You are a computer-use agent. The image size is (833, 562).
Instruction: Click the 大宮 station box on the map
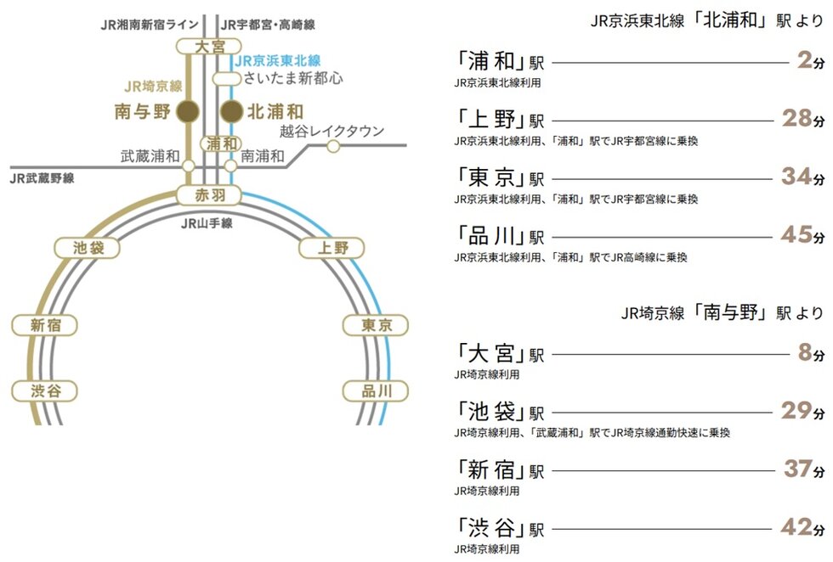pos(209,47)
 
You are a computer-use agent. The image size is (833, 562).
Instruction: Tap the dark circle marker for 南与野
pos(188,111)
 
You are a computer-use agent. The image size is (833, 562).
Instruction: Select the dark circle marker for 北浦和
pos(231,111)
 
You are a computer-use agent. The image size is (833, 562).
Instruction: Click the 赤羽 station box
pos(209,195)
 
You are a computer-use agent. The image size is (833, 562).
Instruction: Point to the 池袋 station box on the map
pos(87,248)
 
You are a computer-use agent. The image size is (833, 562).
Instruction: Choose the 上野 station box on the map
pos(332,248)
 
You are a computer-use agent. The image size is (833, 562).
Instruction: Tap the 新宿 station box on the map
pos(45,325)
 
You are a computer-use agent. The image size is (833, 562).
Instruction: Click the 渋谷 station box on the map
pos(45,391)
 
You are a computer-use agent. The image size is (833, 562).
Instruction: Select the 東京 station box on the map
pos(376,325)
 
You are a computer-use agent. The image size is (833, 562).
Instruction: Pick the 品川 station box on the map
pos(376,391)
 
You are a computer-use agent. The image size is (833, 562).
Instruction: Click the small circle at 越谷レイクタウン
pos(333,146)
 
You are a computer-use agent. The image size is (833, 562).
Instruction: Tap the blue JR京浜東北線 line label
pos(277,61)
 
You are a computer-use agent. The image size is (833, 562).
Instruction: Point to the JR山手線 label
pos(207,223)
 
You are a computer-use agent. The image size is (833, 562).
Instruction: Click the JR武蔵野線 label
pos(42,178)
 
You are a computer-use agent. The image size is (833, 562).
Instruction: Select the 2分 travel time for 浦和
pos(811,60)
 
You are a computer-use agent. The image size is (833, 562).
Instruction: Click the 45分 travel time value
pos(802,235)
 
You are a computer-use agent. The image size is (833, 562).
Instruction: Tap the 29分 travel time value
pos(802,410)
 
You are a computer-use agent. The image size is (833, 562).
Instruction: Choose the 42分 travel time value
pos(802,527)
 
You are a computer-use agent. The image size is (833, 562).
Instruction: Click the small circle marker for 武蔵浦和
pos(188,166)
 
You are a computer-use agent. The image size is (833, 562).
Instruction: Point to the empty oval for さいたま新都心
pos(227,79)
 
